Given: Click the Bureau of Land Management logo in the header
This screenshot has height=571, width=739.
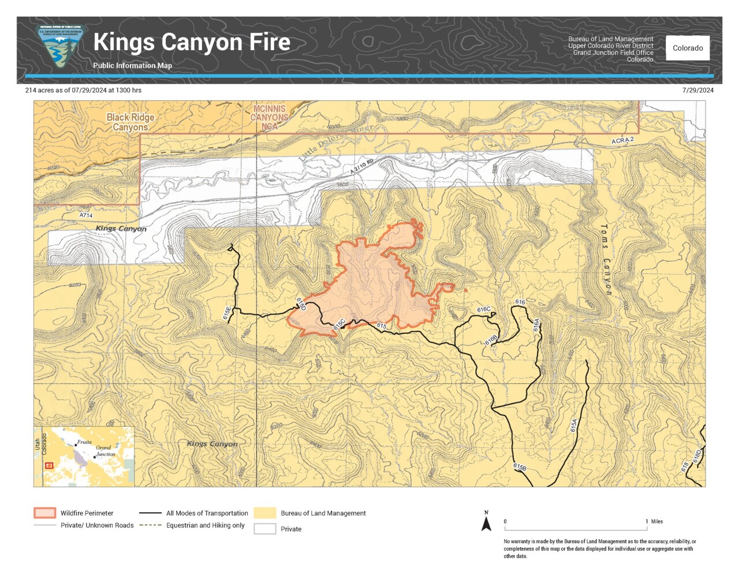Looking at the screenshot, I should tap(60, 47).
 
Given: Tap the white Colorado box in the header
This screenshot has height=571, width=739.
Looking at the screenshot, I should tap(688, 48).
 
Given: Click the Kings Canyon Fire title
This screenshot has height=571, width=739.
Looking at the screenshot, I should tap(192, 42).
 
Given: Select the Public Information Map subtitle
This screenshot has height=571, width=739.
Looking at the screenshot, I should tap(132, 66).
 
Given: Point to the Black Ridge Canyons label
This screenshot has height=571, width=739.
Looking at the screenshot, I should tap(130, 122).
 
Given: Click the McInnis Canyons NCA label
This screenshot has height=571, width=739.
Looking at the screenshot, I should tap(269, 117).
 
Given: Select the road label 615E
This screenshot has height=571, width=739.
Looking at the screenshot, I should tap(227, 313).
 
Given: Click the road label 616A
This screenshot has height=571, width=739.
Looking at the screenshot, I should tap(536, 325).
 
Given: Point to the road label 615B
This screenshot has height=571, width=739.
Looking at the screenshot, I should tap(520, 467).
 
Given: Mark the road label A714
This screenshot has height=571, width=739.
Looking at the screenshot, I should tap(86, 215).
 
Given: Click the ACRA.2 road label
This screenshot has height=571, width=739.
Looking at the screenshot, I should tap(622, 140).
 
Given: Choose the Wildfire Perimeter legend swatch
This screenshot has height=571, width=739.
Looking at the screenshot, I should tap(44, 513).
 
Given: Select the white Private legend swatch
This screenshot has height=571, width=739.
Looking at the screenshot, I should tap(265, 529).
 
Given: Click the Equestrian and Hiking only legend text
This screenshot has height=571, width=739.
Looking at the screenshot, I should tap(205, 525).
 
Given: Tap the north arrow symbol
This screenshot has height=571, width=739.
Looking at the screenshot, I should tap(486, 522).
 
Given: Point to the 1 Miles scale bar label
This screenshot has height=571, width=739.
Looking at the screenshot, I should tap(654, 521).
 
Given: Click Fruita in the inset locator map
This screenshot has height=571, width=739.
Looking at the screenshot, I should tap(84, 442).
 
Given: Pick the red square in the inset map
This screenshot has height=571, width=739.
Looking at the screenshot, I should tap(49, 465).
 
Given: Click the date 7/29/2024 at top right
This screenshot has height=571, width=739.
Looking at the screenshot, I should tap(697, 90).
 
